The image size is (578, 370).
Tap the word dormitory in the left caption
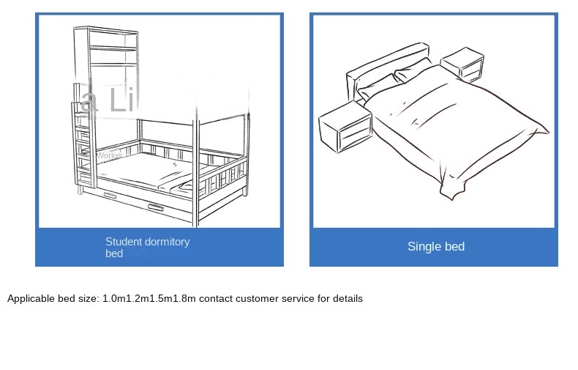(168, 241)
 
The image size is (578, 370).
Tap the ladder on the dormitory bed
(83, 147)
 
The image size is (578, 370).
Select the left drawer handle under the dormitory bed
(110, 196)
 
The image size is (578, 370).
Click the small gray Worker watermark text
(110, 155)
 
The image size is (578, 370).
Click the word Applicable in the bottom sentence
(31, 298)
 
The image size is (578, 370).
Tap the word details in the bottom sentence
(346, 298)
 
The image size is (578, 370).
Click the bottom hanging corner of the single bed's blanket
(448, 195)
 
